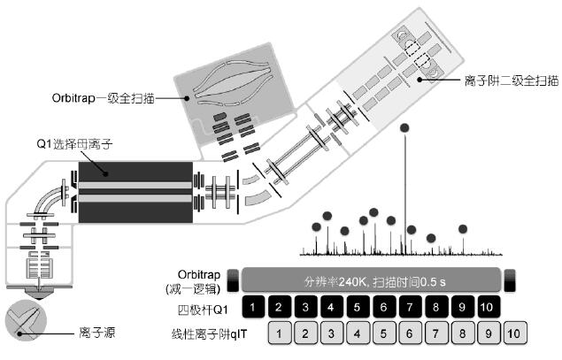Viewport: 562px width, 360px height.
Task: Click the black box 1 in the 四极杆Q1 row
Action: (x=253, y=308)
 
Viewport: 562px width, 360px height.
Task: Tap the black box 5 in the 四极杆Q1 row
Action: (x=356, y=308)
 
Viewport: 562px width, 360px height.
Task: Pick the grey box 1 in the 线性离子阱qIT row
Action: (x=279, y=334)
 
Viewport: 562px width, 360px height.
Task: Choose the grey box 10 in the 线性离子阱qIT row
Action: (x=516, y=334)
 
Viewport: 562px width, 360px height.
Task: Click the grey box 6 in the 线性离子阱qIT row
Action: (x=409, y=334)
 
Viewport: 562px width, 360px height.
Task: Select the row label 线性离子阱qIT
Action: (x=208, y=334)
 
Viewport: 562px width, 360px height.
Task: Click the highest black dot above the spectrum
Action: (x=405, y=128)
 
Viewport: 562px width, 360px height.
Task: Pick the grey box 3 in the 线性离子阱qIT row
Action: (x=331, y=334)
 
